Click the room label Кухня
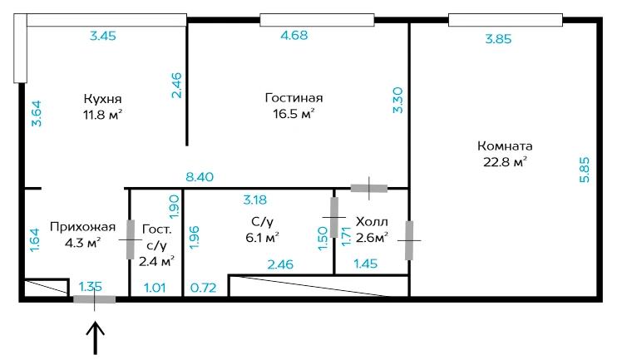pos(103,98)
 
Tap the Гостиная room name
pos(294,97)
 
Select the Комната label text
pos(505,146)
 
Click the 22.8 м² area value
pos(505,161)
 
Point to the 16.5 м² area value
pos(294,114)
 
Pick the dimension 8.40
pos(200,176)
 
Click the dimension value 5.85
pos(585,170)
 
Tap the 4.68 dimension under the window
pos(294,35)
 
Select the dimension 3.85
pos(498,39)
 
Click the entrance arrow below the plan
pos(95,338)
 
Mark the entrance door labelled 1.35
pos(95,299)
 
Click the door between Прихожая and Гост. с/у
pos(131,239)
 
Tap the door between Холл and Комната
pos(409,240)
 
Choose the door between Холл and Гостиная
pos(368,189)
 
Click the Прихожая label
pos(82,227)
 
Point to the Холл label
pos(372,221)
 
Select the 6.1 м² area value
pos(263,238)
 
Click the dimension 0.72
pos(203,288)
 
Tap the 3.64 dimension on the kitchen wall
pos(37,113)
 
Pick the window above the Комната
pos(506,20)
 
